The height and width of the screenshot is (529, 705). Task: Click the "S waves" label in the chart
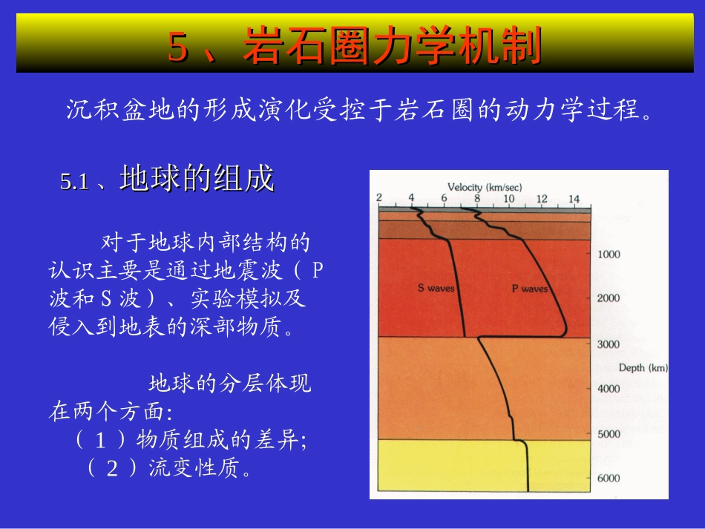coord(436,288)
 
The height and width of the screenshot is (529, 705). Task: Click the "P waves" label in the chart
coord(530,289)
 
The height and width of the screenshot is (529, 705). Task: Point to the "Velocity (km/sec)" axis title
coord(485,187)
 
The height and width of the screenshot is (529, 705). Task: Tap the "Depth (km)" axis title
coord(643,368)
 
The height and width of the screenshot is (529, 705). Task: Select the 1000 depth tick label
coord(609,254)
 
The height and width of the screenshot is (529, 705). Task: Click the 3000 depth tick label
coord(609,344)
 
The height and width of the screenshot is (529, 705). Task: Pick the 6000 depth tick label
coord(609,479)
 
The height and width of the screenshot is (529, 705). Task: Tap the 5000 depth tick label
coord(609,434)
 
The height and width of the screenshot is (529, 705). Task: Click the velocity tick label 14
coord(574,199)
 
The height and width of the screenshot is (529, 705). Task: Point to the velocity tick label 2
coord(379,198)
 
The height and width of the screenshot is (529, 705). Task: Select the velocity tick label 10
coord(509,199)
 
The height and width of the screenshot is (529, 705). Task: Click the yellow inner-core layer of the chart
coord(484,466)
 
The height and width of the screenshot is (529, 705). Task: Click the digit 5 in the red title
coord(177,47)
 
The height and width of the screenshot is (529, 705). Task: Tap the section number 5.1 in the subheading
coord(74,182)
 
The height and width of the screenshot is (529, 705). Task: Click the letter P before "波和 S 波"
coord(318,270)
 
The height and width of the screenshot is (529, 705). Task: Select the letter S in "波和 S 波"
coord(106,298)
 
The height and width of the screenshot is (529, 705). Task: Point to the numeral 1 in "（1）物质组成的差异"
coord(101,440)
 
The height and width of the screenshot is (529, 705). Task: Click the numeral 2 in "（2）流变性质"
coord(112,469)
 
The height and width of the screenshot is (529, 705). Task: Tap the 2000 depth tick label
coord(609,298)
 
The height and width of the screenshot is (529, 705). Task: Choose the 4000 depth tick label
coord(609,389)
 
